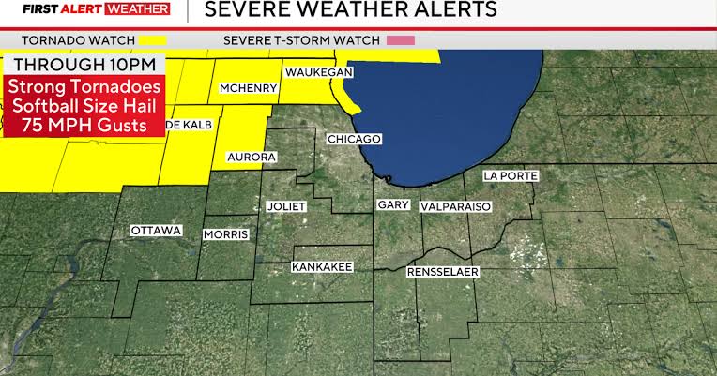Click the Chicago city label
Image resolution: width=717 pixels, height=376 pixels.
[354, 139]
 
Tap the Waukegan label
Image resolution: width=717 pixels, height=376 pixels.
[318, 72]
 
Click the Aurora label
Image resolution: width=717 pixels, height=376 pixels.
[252, 157]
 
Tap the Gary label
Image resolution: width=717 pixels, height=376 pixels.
[391, 204]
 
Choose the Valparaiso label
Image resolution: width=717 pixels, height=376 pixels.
[455, 205]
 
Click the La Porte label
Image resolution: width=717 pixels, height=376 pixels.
[508, 175]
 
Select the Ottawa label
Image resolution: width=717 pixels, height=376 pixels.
[156, 231]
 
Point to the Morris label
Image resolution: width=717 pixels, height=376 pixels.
[226, 233]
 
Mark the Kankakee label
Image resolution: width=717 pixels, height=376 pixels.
[322, 267]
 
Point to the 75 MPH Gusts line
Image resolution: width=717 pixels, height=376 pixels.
[84, 126]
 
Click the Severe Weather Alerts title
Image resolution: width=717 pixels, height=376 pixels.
[350, 10]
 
